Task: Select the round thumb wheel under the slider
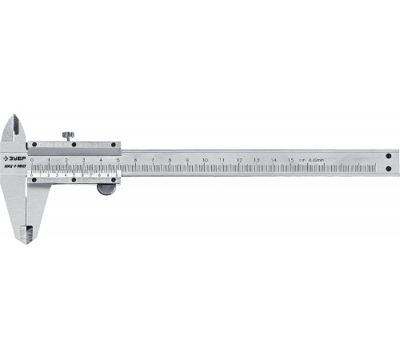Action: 106,190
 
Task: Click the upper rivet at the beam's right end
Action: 388,156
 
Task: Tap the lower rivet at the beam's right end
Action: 388,169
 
